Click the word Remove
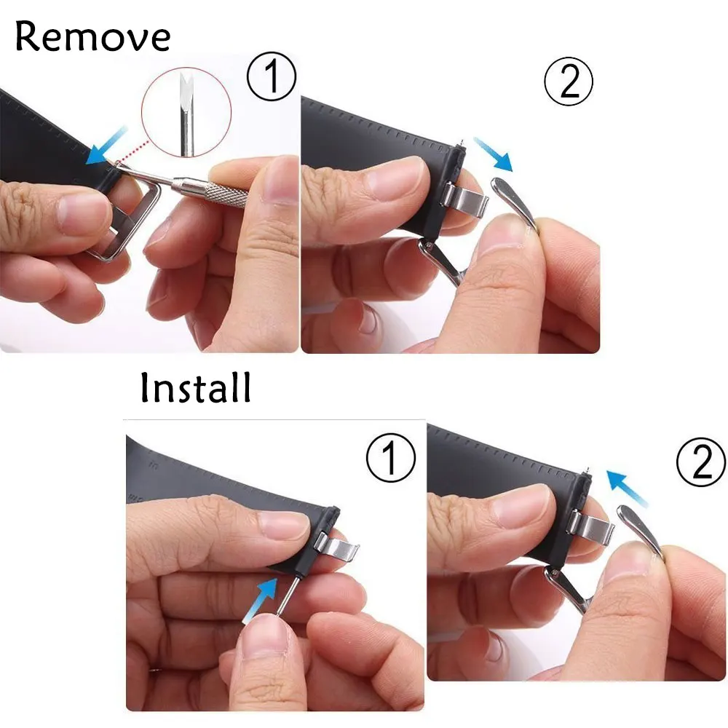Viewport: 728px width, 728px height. pos(92,36)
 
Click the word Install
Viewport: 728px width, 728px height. pos(195,388)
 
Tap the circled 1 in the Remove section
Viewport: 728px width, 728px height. pos(271,76)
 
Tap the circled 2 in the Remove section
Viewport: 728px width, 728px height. pos(569,82)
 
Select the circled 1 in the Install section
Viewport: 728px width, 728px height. pos(390,457)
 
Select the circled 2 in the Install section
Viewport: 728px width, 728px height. pos(701,462)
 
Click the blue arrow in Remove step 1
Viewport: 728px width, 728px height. pos(106,146)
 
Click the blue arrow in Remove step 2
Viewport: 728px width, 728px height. pos(493,154)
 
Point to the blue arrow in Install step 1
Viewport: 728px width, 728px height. pos(260,599)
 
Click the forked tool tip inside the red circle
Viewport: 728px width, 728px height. pos(186,90)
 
